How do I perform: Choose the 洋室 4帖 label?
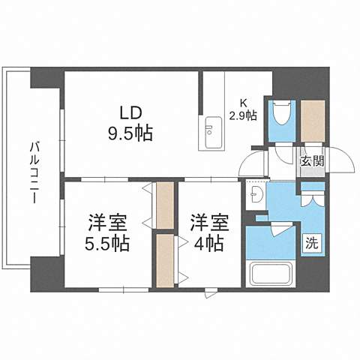pos(207,232)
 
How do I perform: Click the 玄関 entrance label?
pos(312,160)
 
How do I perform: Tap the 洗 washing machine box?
pos(310,242)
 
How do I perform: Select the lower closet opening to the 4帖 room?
pos(164,260)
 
